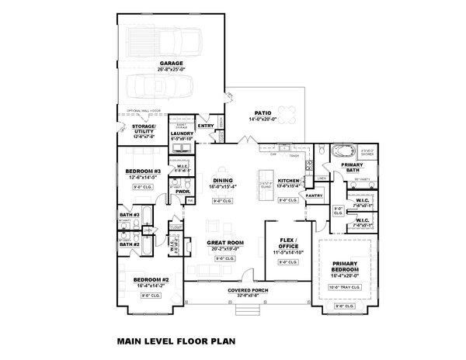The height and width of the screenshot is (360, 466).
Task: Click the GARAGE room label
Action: (172, 64)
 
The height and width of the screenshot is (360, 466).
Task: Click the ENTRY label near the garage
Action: (206, 125)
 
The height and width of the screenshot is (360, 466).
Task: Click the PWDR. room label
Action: (183, 190)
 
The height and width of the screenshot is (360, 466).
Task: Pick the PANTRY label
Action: (314, 196)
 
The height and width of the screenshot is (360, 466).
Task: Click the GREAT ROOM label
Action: (226, 243)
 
